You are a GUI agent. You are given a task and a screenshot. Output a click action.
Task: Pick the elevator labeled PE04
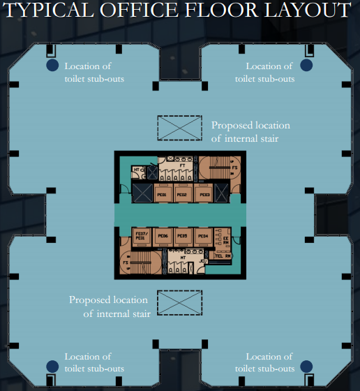[202, 237]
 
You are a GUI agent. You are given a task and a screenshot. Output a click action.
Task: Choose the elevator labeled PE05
[183, 237]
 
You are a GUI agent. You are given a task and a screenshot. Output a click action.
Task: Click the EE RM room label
[226, 240]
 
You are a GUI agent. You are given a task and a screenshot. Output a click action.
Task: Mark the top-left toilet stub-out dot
[52, 66]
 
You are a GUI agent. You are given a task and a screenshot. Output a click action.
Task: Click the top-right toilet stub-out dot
[306, 65]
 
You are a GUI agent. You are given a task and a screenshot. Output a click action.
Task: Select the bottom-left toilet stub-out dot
[52, 366]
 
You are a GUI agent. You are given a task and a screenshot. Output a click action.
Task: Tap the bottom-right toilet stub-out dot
[306, 366]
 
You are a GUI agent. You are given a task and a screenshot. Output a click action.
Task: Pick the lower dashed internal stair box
[179, 303]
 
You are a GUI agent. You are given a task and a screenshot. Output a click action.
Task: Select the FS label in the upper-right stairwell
[236, 169]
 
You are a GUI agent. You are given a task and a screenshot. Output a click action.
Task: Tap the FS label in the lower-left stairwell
[126, 263]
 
